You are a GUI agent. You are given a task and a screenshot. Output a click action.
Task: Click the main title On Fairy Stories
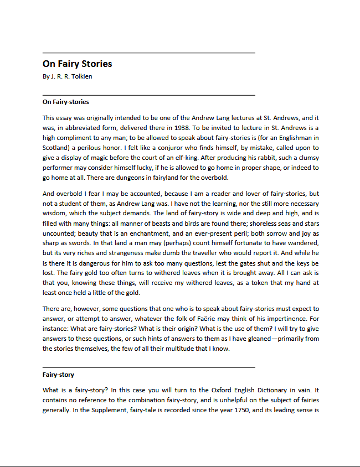(x=77, y=64)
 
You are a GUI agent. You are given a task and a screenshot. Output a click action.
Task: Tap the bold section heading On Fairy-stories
(x=65, y=102)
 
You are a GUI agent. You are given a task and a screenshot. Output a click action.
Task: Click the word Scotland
(x=55, y=148)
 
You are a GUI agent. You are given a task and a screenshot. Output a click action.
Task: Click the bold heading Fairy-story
(x=58, y=375)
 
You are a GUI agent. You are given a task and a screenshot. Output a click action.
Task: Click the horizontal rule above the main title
(x=148, y=53)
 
